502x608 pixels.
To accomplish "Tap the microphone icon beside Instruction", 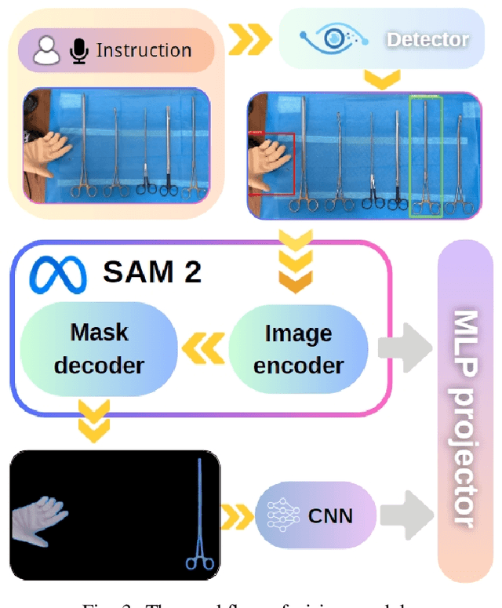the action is tap(79, 51).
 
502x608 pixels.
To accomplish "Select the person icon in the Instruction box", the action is tap(48, 51).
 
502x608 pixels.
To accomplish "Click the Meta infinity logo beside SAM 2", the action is tap(56, 271).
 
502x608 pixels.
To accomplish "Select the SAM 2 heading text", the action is tap(152, 271).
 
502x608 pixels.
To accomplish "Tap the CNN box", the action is tap(315, 515).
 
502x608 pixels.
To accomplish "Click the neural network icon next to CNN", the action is tap(281, 515).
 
